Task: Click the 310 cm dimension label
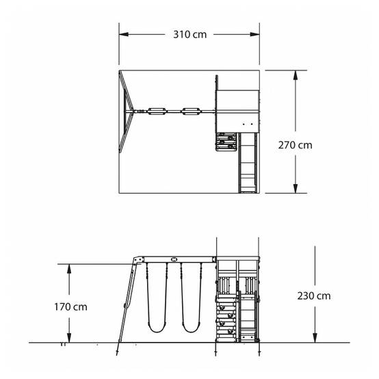189,35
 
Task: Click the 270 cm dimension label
295,145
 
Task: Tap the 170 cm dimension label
70,307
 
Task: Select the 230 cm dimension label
314,296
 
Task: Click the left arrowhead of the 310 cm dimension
124,34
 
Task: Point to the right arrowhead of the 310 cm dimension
254,34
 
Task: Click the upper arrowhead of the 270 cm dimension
296,75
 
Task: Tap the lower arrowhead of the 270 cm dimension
296,188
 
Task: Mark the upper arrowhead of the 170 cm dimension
69,269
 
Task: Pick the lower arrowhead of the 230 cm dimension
315,338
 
